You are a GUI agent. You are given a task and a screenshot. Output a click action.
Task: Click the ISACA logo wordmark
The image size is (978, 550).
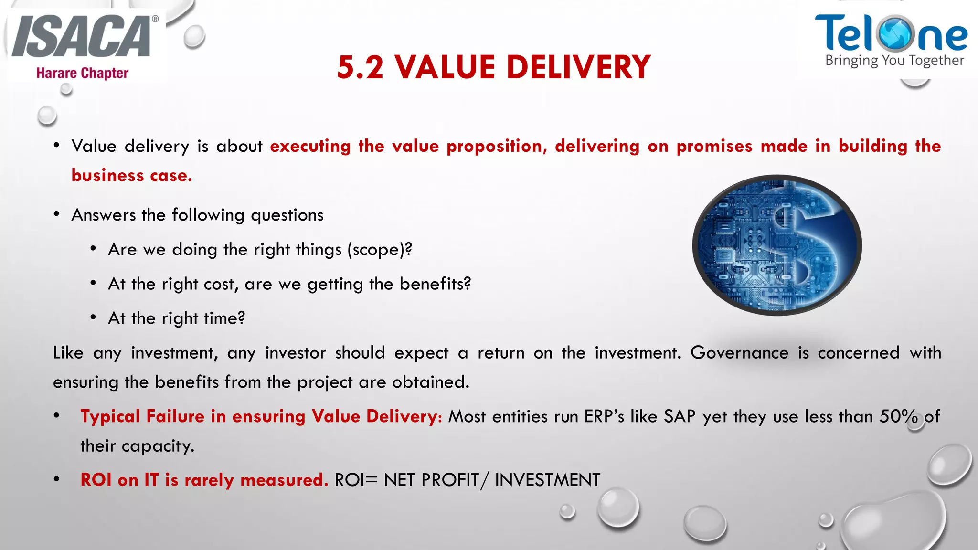(x=81, y=37)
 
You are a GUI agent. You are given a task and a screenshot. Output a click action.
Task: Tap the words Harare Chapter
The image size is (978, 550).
(x=82, y=73)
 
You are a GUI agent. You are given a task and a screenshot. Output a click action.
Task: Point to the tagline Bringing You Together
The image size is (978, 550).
(x=894, y=61)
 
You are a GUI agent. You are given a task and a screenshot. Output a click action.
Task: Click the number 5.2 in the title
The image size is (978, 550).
(x=360, y=67)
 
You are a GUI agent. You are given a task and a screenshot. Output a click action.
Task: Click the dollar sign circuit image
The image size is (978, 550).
(x=777, y=245)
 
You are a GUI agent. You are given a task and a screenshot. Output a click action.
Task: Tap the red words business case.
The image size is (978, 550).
(x=132, y=176)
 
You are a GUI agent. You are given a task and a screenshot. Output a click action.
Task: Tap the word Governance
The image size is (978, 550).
(x=739, y=353)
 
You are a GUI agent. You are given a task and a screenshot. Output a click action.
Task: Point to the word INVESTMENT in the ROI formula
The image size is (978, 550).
(x=547, y=480)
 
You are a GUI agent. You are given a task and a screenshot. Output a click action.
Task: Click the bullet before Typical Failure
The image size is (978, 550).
(x=57, y=416)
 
